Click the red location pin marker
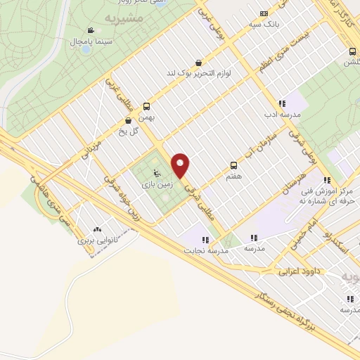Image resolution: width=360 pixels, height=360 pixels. click(x=181, y=165)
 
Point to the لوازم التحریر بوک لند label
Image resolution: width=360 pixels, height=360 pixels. click(x=199, y=72)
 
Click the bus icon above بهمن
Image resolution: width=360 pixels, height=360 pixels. click(x=146, y=107)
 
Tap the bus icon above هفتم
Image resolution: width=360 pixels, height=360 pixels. click(x=233, y=166)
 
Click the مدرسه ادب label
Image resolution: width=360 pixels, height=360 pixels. click(x=281, y=114)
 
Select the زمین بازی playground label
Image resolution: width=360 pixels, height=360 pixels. click(x=157, y=185)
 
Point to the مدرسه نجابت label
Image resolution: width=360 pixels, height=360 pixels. click(x=204, y=250)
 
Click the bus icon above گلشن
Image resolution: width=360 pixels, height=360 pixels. click(x=354, y=51)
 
